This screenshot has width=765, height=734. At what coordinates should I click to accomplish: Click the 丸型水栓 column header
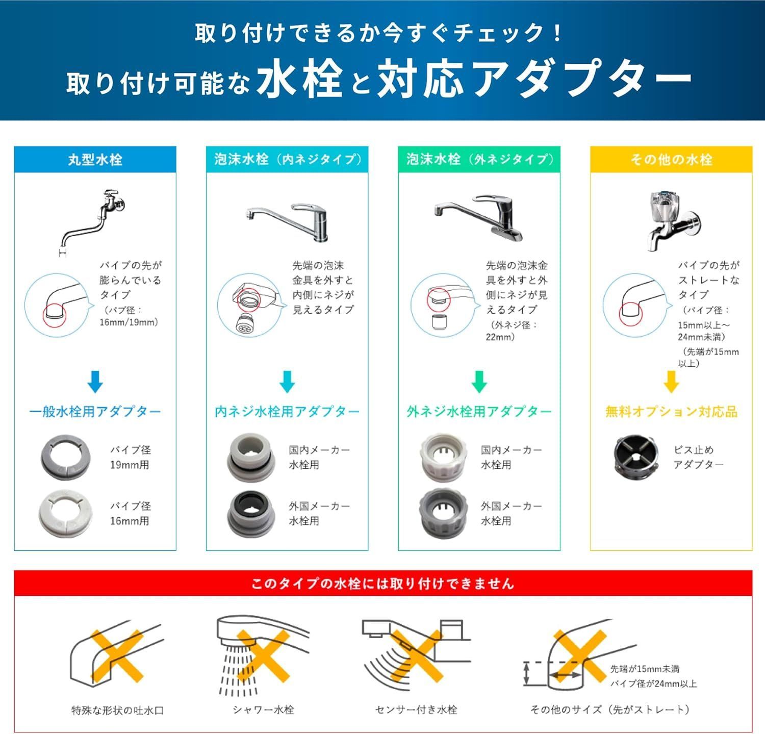tap(95, 160)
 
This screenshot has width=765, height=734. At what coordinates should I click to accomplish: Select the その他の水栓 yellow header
tap(671, 160)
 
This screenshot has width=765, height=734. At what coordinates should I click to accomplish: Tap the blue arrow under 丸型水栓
tap(95, 382)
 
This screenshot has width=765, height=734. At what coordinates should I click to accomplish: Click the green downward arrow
tap(479, 382)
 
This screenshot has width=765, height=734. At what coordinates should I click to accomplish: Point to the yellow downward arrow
tap(671, 382)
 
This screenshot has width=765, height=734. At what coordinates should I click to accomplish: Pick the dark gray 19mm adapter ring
tap(65, 458)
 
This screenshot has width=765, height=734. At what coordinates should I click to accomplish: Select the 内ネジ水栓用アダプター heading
tap(287, 412)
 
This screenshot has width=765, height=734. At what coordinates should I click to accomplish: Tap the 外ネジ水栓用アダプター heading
tap(479, 412)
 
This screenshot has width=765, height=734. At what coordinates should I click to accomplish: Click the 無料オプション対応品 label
tap(671, 412)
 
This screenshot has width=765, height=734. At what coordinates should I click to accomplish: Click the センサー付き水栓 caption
tap(416, 710)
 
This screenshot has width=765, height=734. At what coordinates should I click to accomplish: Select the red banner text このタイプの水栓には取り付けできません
tap(382, 584)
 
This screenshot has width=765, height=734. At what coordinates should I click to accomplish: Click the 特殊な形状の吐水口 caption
tap(118, 710)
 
